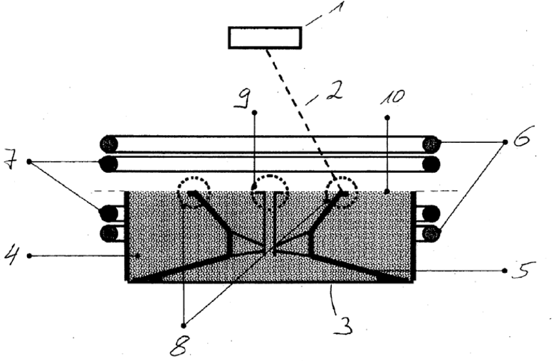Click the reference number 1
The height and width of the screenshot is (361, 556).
tap(335, 7)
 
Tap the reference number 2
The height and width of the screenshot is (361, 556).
tap(335, 91)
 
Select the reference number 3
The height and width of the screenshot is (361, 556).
tap(343, 325)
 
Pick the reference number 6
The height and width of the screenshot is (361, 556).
tap(521, 136)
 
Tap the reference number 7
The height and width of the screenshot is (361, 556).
tap(10, 161)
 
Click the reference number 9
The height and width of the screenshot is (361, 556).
tap(243, 99)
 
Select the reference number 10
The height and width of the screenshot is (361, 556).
tap(392, 97)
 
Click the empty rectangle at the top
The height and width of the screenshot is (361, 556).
tap(265, 38)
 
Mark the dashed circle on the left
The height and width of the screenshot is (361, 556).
tap(194, 191)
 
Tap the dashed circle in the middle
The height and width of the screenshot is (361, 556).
tap(270, 190)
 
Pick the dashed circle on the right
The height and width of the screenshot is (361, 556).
tap(342, 191)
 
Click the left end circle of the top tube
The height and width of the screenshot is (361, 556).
tap(109, 144)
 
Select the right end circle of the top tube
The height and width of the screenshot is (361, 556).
tap(431, 144)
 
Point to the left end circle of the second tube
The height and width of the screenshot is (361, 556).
tap(109, 164)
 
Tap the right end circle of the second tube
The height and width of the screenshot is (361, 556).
tap(431, 164)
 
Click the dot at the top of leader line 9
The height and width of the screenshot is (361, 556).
tap(254, 112)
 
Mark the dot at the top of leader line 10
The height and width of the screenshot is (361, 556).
tap(387, 117)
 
